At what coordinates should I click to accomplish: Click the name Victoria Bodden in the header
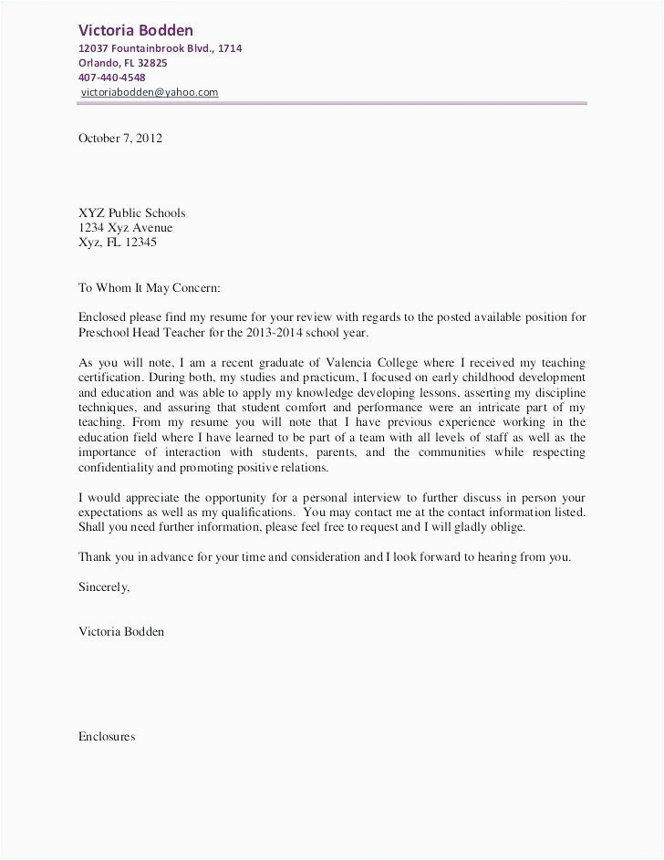pyautogui.click(x=135, y=30)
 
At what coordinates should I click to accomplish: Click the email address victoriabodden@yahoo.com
pyautogui.click(x=150, y=92)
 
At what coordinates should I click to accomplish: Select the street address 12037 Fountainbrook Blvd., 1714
pyautogui.click(x=160, y=48)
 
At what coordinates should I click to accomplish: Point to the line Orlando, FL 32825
pyautogui.click(x=122, y=63)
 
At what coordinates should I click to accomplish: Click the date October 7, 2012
pyautogui.click(x=119, y=139)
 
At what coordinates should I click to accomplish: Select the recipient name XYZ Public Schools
pyautogui.click(x=131, y=213)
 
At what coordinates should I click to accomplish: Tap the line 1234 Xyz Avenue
pyautogui.click(x=125, y=228)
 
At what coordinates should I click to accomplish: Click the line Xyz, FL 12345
pyautogui.click(x=118, y=243)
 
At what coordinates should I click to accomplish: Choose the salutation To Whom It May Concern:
pyautogui.click(x=150, y=287)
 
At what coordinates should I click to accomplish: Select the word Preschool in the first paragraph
pyautogui.click(x=105, y=332)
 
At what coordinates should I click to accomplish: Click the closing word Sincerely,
pyautogui.click(x=104, y=586)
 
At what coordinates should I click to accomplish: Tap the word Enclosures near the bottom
pyautogui.click(x=107, y=736)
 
